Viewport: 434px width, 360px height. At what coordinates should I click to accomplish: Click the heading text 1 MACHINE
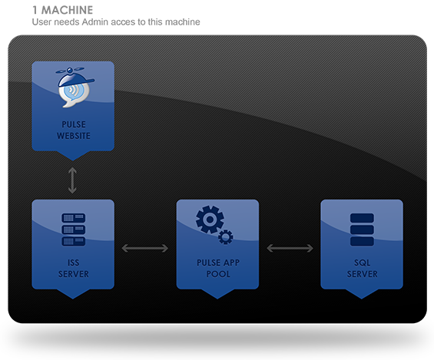pos(62,10)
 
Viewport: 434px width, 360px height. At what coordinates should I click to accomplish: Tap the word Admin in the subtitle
pos(93,21)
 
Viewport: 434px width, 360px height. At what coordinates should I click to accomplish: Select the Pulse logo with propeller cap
pos(75,87)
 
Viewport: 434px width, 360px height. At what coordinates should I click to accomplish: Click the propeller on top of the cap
pos(70,70)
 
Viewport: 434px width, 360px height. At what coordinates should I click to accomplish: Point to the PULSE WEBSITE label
pos(74,130)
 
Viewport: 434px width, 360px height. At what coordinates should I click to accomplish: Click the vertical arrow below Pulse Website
pos(72,180)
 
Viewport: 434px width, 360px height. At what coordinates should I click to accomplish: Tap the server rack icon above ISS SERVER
pos(73,230)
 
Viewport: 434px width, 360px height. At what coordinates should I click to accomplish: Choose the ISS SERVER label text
pos(73,268)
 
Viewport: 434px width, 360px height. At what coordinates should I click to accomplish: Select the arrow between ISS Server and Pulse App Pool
pos(145,248)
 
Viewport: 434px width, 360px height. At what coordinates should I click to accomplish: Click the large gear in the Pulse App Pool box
pos(210,220)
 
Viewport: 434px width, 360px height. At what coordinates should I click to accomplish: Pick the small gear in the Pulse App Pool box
pos(226,237)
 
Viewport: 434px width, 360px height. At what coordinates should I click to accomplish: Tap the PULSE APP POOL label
pos(218,268)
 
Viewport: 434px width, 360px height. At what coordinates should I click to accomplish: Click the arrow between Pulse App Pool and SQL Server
pos(290,248)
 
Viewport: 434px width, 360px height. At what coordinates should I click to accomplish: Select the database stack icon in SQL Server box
pos(362,230)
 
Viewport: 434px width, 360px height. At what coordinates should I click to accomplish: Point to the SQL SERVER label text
pos(362,268)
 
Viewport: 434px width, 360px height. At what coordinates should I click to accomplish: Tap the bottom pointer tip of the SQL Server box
pos(362,299)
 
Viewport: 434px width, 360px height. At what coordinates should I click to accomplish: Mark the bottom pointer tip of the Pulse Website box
pos(73,160)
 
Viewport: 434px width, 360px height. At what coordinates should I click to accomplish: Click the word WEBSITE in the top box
pos(74,136)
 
